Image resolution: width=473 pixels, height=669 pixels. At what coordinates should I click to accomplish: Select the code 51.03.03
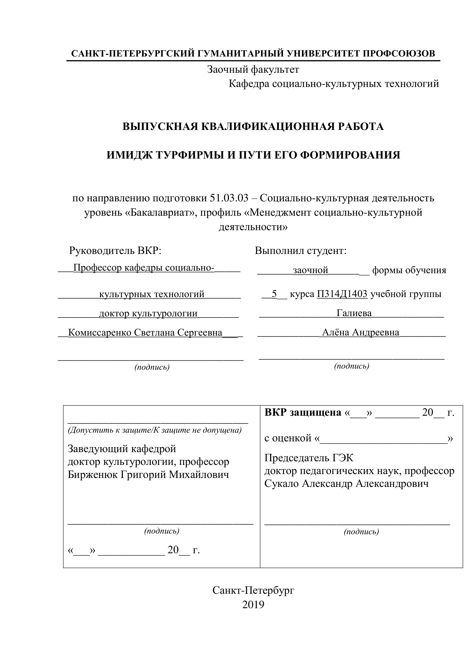pyautogui.click(x=229, y=198)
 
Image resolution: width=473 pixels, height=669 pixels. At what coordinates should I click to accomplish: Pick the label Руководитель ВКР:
pyautogui.click(x=115, y=251)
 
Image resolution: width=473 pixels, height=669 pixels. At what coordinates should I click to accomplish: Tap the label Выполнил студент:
pyautogui.click(x=301, y=251)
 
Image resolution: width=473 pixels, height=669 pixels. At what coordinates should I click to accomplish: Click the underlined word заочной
pyautogui.click(x=310, y=270)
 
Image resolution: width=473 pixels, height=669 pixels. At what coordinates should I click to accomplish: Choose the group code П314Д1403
pyautogui.click(x=342, y=294)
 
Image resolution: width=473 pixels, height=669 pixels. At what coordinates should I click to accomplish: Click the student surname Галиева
pyautogui.click(x=354, y=313)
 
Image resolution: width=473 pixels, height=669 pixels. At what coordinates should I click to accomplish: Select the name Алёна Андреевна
pyautogui.click(x=360, y=332)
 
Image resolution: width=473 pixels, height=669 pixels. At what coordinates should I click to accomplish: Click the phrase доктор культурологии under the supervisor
pyautogui.click(x=148, y=313)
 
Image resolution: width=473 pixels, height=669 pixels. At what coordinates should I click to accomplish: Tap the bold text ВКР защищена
pyautogui.click(x=303, y=413)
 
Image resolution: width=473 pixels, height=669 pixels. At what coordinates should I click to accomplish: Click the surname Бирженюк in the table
pyautogui.click(x=92, y=475)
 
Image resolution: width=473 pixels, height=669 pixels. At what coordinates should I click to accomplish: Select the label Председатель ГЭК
pyautogui.click(x=309, y=458)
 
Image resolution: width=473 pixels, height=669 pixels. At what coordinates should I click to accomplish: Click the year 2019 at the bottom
pyautogui.click(x=253, y=605)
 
